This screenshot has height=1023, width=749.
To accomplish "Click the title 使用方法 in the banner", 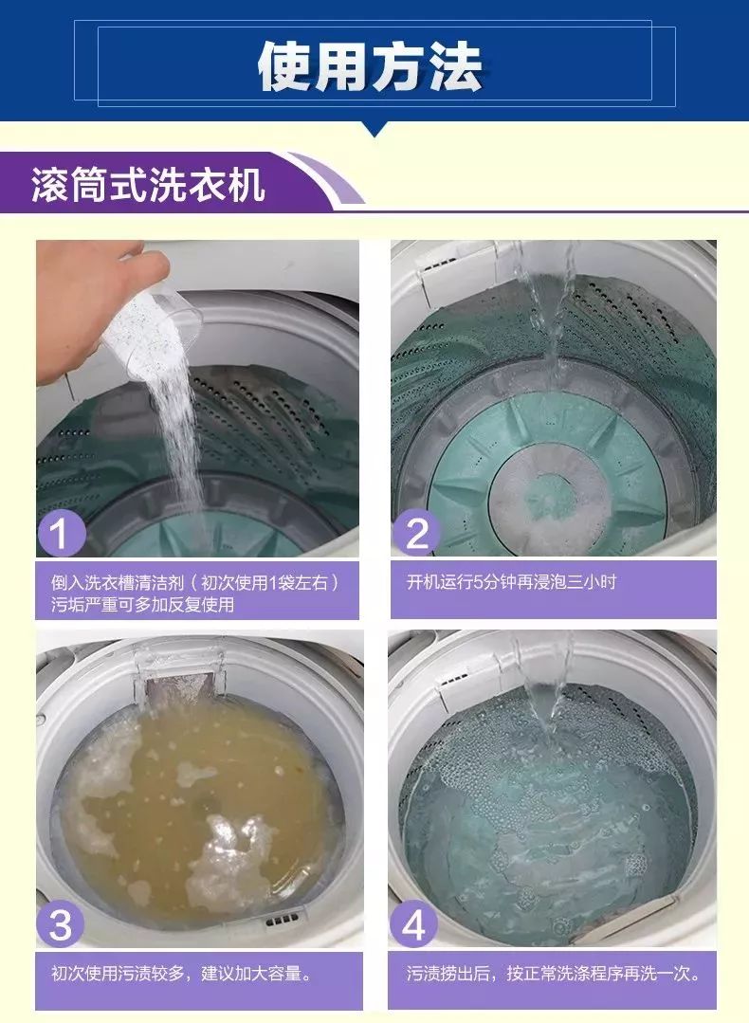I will click(372, 65).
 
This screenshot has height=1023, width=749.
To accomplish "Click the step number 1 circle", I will click(61, 533).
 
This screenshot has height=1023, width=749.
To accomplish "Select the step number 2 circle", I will click(416, 533).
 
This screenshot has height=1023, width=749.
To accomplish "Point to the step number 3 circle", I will click(61, 924).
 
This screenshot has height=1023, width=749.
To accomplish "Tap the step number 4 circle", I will click(414, 924).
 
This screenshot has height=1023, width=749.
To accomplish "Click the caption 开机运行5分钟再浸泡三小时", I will click(511, 581).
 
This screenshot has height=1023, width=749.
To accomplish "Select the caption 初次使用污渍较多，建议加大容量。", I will click(181, 973).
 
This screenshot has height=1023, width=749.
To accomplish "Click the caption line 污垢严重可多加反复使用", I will click(142, 604).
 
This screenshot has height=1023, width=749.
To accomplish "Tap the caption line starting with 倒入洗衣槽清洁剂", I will click(194, 580).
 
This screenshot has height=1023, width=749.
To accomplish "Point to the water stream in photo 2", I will click(555, 303).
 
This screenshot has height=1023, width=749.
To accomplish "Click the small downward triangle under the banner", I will click(374, 130).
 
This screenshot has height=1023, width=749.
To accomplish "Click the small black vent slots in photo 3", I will click(282, 921).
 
